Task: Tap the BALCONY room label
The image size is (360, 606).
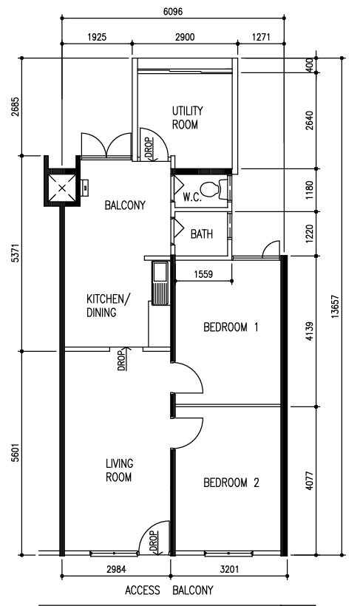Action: (x=125, y=205)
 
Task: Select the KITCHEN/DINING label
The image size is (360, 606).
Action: (x=109, y=305)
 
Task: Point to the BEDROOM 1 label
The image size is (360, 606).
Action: (x=231, y=327)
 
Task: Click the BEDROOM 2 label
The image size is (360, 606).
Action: (x=231, y=483)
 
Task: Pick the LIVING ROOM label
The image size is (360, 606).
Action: (x=119, y=470)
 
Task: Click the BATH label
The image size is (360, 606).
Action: (x=202, y=234)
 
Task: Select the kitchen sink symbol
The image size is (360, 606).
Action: (x=159, y=283)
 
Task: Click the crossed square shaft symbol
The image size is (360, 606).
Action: (x=62, y=188)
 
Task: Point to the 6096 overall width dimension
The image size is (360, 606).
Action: (x=173, y=11)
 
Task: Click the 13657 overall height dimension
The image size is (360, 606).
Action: (x=335, y=307)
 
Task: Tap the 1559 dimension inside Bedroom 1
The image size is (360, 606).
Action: (x=203, y=274)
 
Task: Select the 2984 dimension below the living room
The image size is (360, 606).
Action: (x=116, y=569)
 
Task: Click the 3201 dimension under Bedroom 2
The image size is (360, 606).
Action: (x=229, y=569)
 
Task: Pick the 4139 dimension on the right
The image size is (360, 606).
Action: (x=309, y=332)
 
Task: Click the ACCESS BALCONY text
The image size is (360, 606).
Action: (x=169, y=590)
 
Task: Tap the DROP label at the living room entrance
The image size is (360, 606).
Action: (x=153, y=542)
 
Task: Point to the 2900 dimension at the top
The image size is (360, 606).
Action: (x=185, y=37)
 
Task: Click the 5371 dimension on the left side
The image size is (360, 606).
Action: (x=15, y=253)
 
